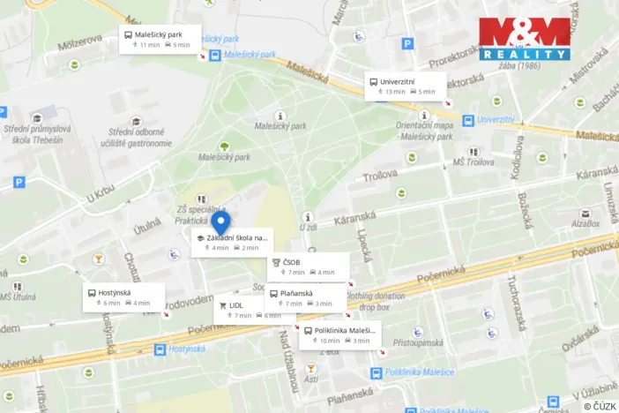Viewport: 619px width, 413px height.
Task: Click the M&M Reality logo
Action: click(525, 39)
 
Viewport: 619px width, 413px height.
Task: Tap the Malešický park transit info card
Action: click(160, 40)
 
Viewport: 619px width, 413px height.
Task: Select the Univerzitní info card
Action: click(406, 86)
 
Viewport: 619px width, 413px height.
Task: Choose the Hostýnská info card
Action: click(123, 297)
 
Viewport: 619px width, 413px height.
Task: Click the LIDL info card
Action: click(240, 310)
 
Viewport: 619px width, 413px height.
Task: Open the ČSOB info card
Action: click(308, 267)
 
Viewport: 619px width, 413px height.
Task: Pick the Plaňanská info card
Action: click(306, 298)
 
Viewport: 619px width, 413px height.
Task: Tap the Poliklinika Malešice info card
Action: click(340, 335)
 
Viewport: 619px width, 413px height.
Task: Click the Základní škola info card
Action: click(232, 243)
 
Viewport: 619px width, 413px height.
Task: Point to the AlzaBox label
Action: click(585, 224)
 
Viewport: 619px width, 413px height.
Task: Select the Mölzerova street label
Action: click(79, 41)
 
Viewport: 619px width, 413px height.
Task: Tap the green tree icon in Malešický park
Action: click(224, 146)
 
